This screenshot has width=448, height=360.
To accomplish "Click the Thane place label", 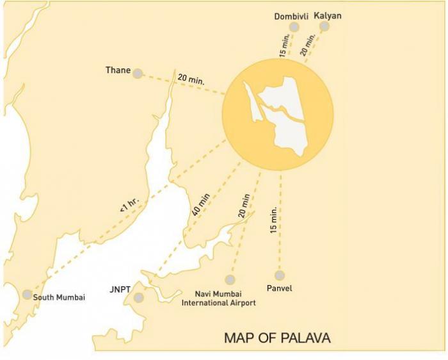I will [x=118, y=70].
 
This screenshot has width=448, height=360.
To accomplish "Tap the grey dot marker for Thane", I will [x=138, y=74].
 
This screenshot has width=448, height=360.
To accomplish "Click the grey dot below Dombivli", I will [x=294, y=27].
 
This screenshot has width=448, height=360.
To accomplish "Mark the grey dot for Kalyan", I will [x=324, y=26].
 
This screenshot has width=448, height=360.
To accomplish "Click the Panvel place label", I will [x=279, y=289].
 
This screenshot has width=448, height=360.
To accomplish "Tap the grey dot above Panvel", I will [x=279, y=276].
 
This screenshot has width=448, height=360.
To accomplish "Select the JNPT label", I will [x=120, y=290].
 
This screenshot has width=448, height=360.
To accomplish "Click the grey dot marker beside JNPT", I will [x=138, y=297].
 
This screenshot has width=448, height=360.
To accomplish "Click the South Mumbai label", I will [x=60, y=297].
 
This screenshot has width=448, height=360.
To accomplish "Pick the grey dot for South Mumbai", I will [x=27, y=295].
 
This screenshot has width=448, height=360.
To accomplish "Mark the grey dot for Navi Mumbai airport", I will [x=230, y=279].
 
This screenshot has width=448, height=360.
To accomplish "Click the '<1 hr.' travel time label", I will [x=129, y=206].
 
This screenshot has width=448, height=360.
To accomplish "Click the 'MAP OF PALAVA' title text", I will [x=277, y=338].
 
